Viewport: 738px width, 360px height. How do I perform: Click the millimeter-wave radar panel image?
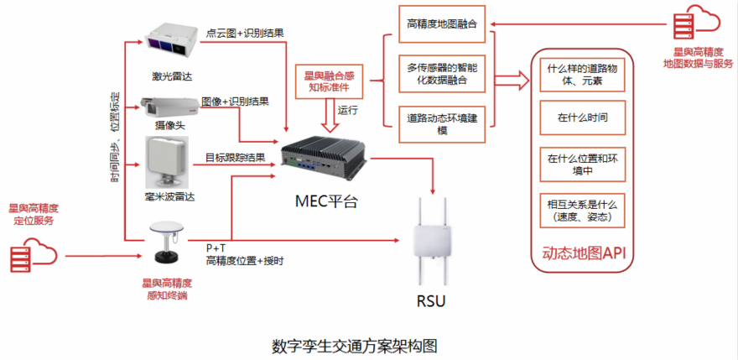tap(168, 161)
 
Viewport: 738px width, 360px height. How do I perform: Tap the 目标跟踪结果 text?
tap(236, 157)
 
